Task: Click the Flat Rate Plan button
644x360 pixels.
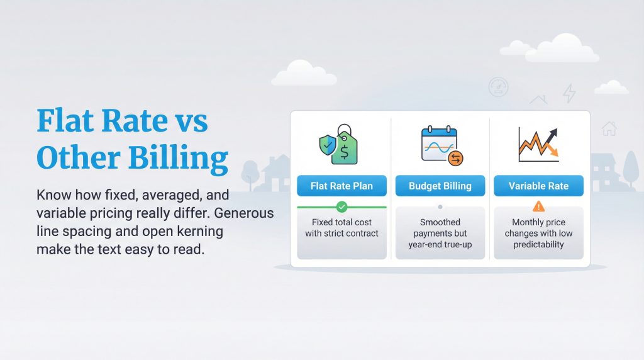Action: (341, 186)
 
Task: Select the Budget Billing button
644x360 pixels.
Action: (440, 186)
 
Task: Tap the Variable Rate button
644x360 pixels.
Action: (538, 186)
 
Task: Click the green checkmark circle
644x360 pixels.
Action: (341, 206)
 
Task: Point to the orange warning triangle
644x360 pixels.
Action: (538, 206)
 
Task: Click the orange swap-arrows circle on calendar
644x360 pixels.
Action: (455, 159)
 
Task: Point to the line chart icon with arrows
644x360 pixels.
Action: (538, 143)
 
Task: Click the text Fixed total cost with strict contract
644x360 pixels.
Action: (341, 228)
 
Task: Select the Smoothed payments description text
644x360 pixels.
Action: (440, 233)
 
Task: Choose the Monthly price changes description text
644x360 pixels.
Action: (538, 233)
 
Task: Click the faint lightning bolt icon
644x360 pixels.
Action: (569, 93)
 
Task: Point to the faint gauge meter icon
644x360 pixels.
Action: (497, 87)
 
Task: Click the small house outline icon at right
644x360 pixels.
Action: (609, 128)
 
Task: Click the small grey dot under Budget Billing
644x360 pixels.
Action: (440, 206)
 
